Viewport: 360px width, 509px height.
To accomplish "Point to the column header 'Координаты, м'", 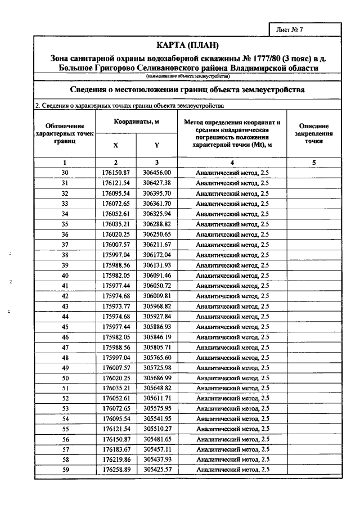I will coord(137,121).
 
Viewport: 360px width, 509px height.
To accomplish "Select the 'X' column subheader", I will coord(115,145).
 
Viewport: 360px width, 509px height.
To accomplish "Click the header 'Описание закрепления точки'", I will coord(314,134).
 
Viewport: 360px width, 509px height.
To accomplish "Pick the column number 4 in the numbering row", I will coord(232,163).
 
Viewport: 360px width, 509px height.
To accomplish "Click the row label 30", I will coord(65,173).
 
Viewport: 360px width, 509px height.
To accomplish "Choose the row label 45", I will coord(65,326).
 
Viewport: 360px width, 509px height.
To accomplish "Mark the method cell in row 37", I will coord(232,245).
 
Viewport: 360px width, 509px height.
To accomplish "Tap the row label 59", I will coord(65,469).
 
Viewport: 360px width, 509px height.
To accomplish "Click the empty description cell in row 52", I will coord(314,398).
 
